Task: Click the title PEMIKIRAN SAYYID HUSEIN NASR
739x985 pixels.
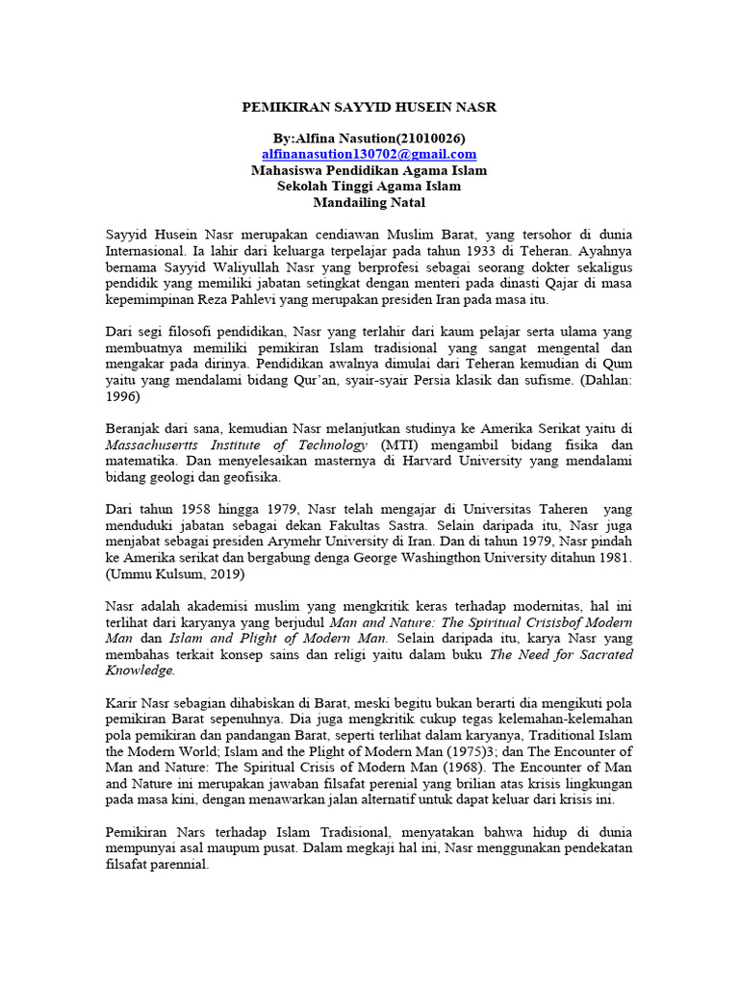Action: (x=369, y=108)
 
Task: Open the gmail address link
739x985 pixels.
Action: (x=369, y=154)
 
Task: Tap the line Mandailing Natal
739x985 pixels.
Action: (x=369, y=203)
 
